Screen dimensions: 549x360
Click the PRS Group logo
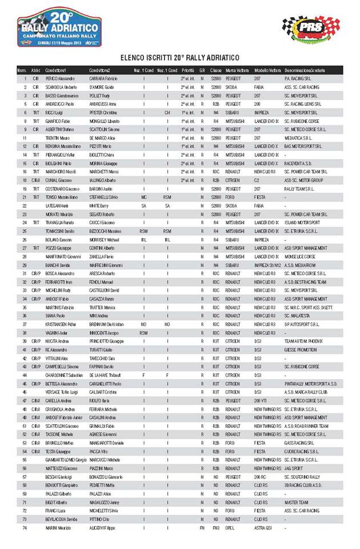[x=311, y=29]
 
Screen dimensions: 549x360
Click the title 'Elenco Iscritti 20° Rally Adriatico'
[x=179, y=58]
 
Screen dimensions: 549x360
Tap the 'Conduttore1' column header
[x=57, y=70]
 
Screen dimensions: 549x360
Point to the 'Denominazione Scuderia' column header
[x=306, y=70]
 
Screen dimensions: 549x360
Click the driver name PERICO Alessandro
[x=60, y=78]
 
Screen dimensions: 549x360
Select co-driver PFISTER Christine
[x=103, y=113]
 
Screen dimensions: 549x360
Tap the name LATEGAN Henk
[x=58, y=205]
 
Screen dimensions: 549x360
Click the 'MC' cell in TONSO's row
[x=144, y=197]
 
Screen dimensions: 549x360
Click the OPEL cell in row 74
[x=230, y=528]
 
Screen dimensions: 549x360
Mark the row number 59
[x=25, y=494]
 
